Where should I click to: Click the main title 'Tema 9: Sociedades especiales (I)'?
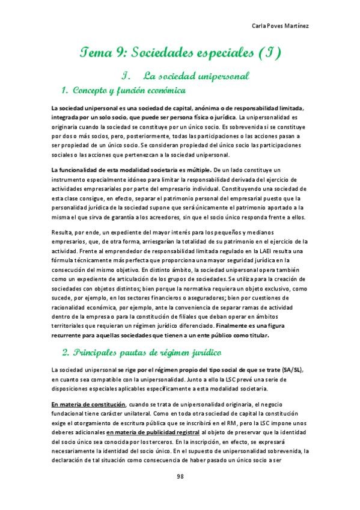point(180,54)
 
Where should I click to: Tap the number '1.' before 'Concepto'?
point(66,91)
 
